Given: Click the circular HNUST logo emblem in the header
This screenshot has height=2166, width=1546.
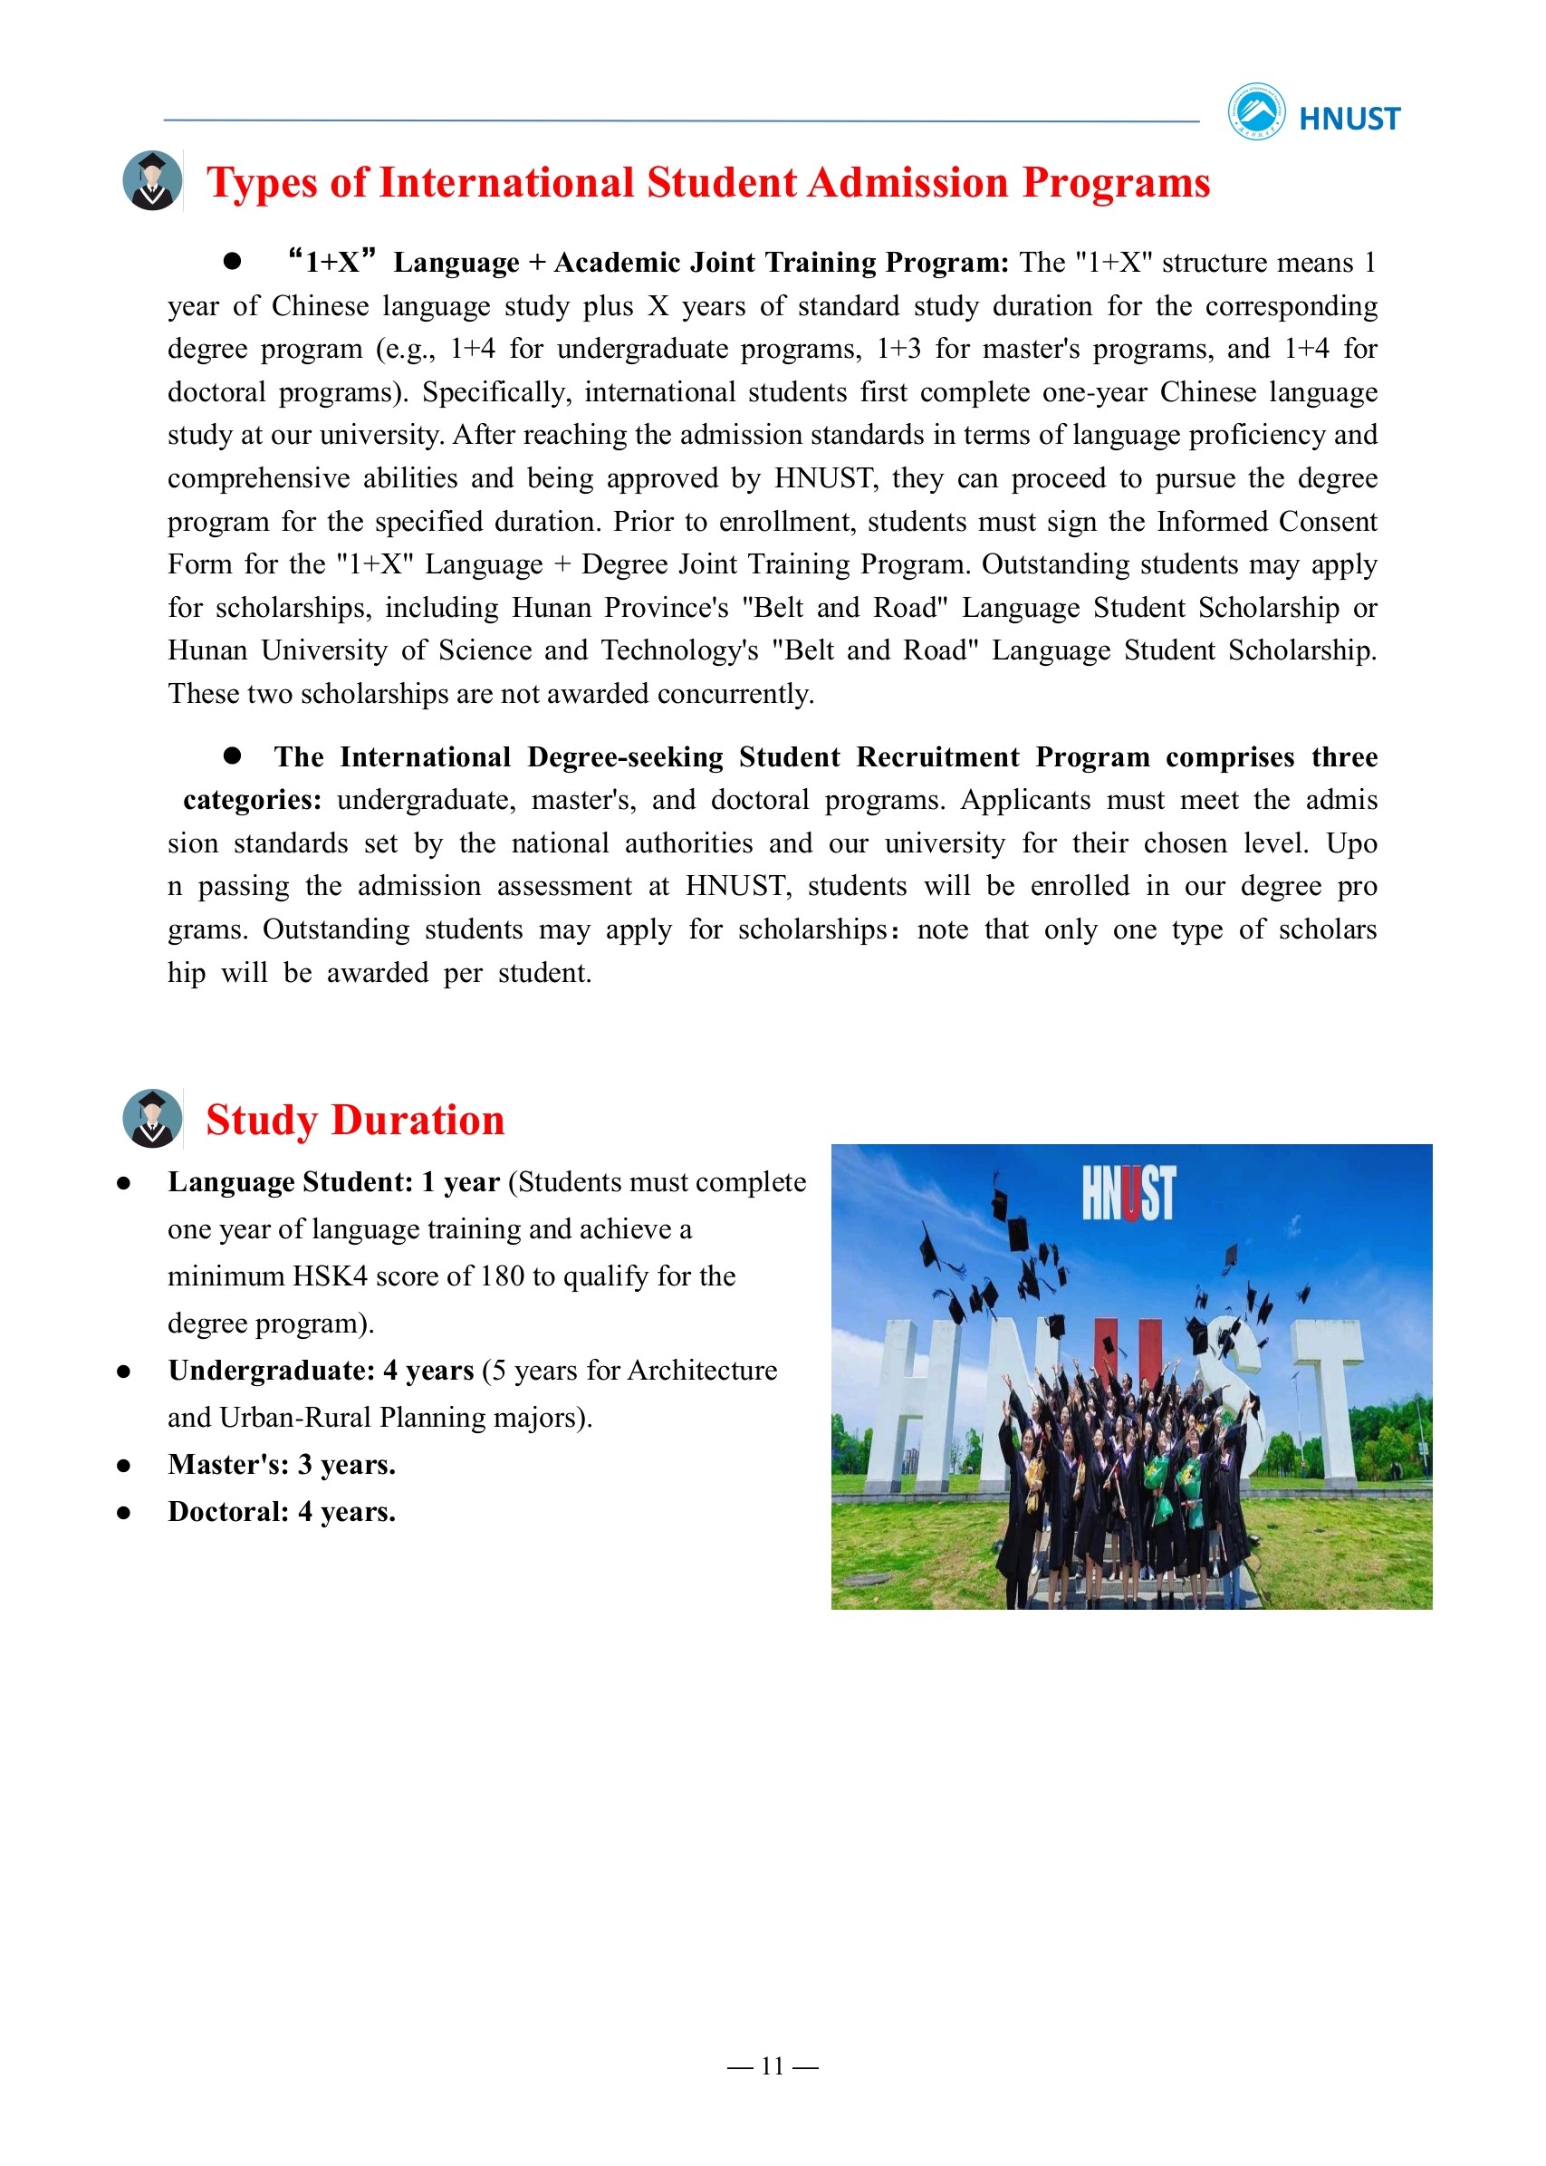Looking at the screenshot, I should pos(1255,111).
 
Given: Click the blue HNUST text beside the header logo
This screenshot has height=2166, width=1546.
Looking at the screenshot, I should pos(1349,119).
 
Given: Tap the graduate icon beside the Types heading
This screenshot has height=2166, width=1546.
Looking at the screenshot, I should pos(152,181).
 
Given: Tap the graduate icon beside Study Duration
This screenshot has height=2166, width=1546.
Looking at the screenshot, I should pos(152,1119).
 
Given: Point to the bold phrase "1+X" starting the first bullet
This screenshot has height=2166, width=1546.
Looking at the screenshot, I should pos(332,262).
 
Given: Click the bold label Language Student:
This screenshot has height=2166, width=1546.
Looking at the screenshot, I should pos(291,1182).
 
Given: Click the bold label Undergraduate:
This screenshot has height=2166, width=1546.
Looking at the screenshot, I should pos(272,1371).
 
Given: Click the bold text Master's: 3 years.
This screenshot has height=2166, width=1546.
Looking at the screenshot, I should pos(282,1465).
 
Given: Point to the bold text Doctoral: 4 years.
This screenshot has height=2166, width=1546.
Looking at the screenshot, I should pos(282,1513).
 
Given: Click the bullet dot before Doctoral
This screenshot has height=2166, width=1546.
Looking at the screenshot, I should pos(124,1514).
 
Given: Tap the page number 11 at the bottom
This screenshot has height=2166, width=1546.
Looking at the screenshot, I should pos(772,2066).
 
